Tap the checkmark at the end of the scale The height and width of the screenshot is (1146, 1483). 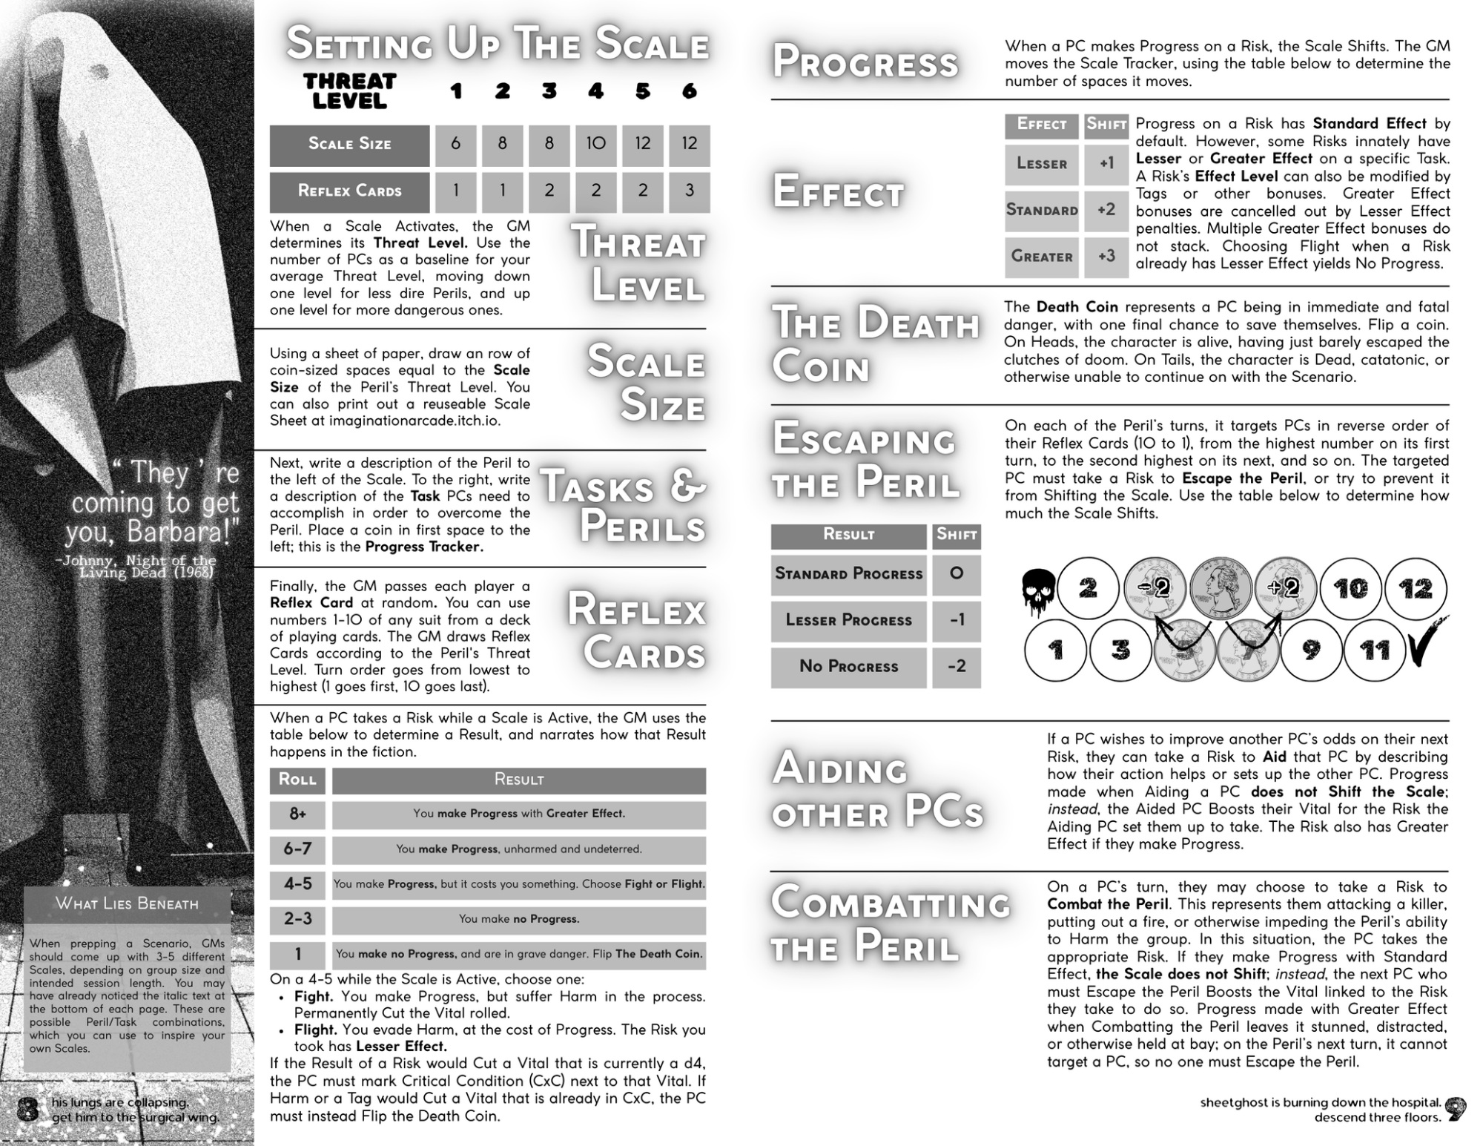(x=1427, y=642)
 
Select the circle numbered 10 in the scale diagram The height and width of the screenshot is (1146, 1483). (x=1350, y=589)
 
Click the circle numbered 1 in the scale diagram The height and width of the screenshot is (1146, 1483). (x=1055, y=651)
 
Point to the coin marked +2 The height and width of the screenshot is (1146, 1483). (x=1284, y=588)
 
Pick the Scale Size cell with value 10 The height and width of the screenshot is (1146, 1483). (x=595, y=144)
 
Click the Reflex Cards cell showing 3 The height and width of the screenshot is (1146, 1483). (x=689, y=191)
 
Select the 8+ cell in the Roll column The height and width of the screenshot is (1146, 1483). (x=297, y=814)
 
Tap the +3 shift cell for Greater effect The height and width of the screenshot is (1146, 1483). (x=1106, y=256)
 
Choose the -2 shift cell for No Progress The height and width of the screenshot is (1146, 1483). (x=957, y=666)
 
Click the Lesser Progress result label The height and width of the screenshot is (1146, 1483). (x=848, y=620)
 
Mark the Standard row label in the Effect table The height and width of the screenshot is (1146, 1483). (x=1042, y=210)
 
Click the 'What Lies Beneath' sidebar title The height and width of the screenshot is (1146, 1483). (x=127, y=903)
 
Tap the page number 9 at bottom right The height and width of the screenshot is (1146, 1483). (x=1456, y=1109)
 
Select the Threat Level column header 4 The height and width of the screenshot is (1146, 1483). (x=595, y=91)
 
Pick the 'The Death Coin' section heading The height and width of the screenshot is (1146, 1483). (x=875, y=344)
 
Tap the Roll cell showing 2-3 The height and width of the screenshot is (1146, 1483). (x=297, y=919)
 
